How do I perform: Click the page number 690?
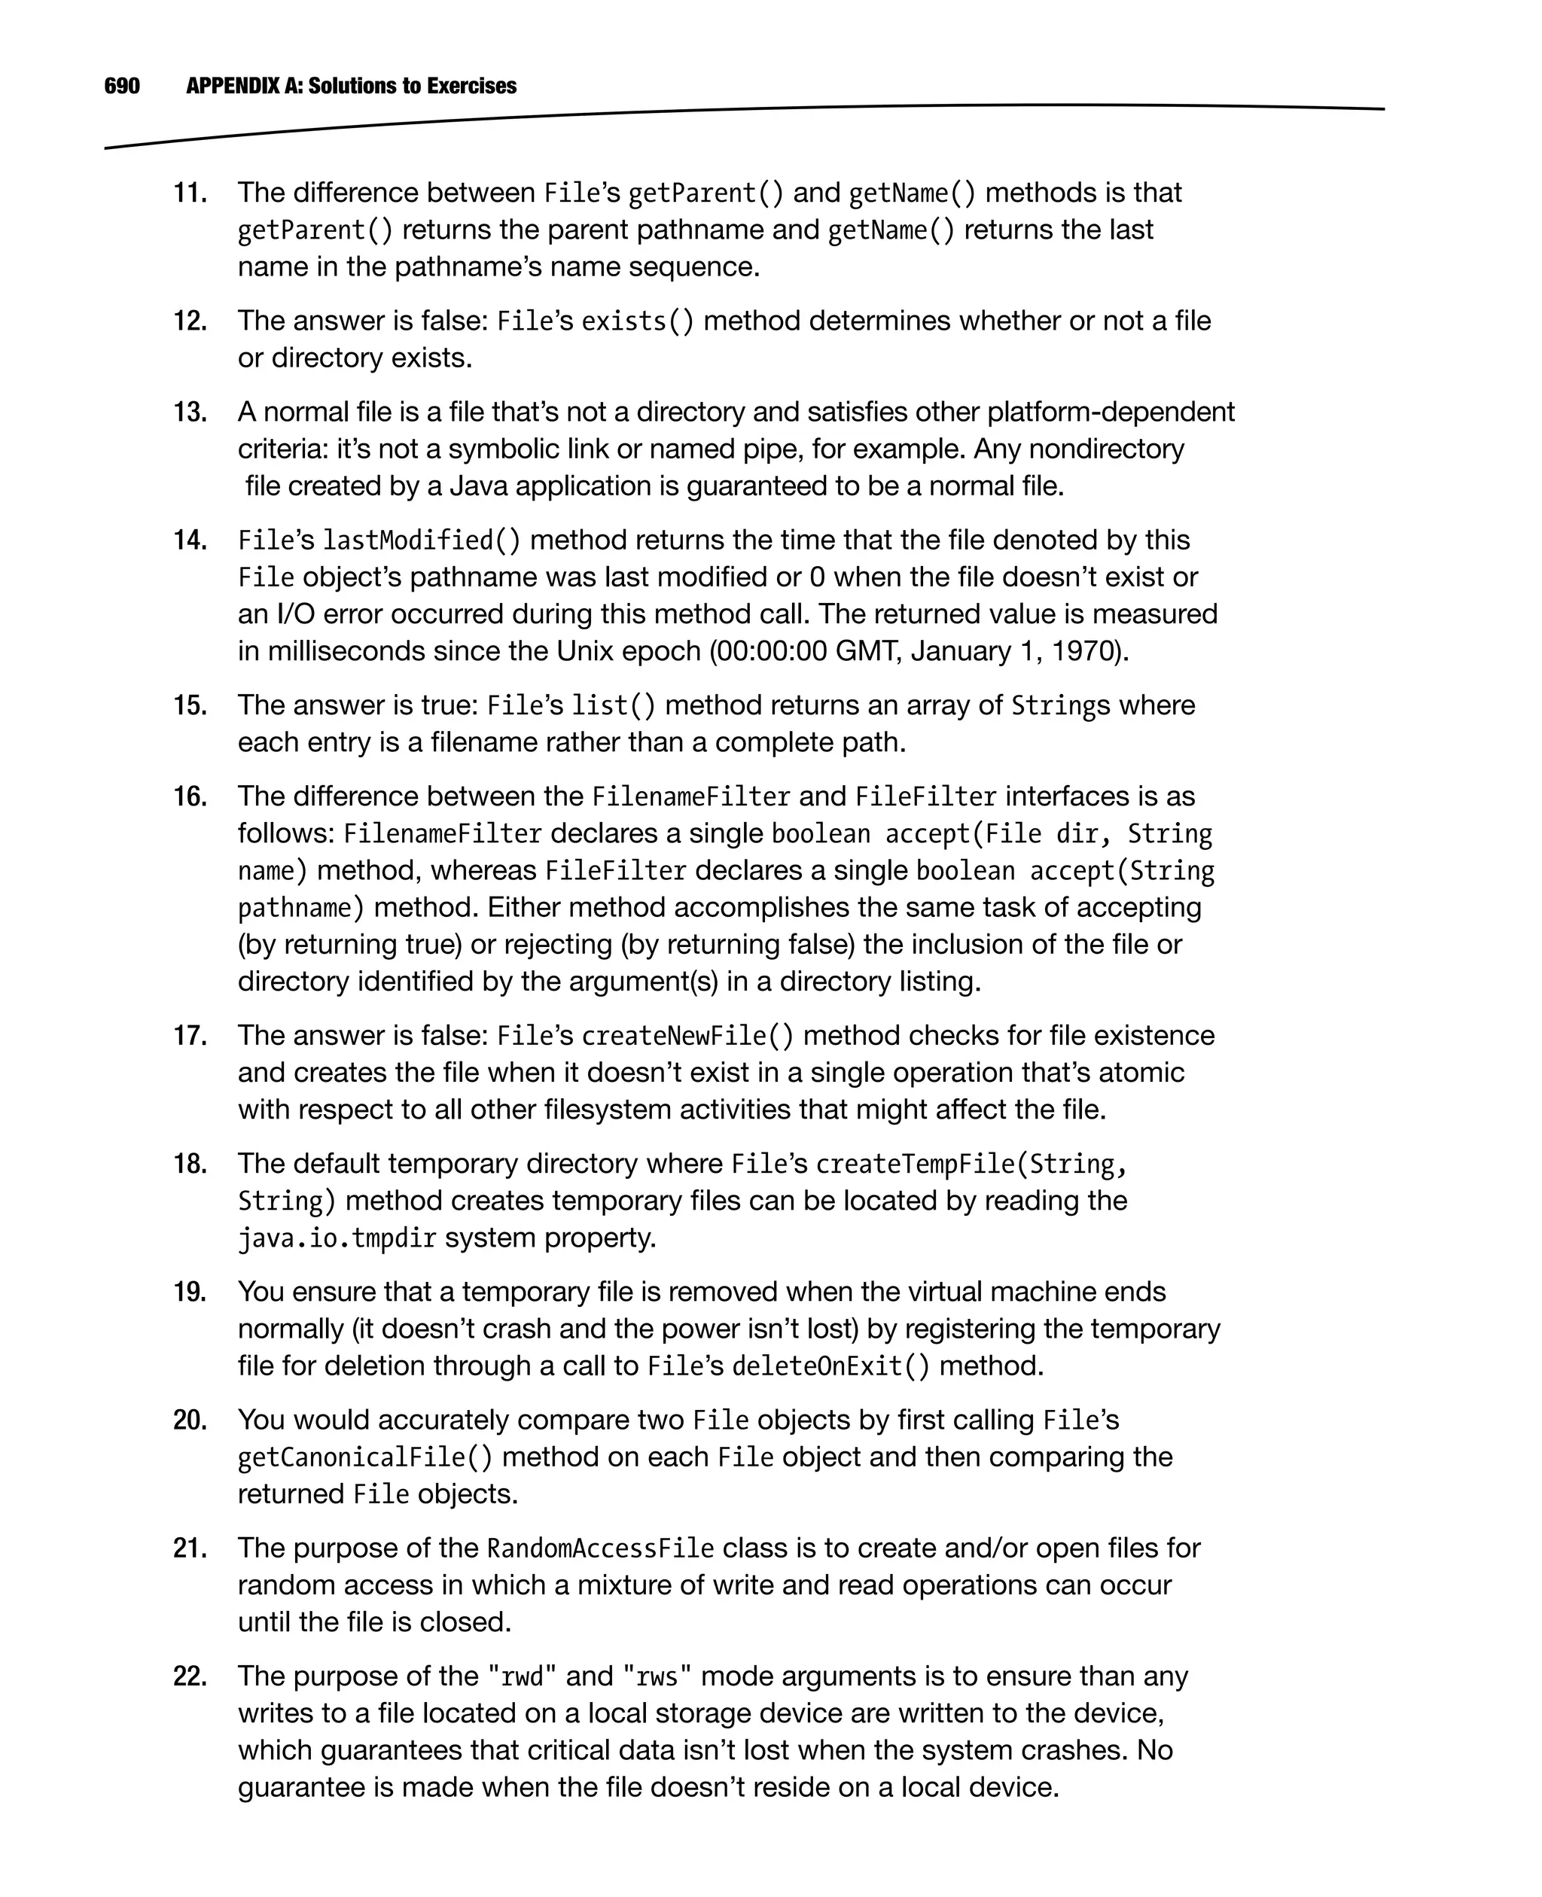[122, 86]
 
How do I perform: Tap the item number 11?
[189, 193]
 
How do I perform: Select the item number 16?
[189, 796]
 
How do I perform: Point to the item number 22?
[189, 1676]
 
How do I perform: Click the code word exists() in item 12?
[637, 321]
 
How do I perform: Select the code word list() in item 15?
[613, 706]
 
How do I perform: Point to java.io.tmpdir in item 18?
[337, 1238]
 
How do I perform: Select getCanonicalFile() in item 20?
[364, 1457]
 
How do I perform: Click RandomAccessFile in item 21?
[600, 1549]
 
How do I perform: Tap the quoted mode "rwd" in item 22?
[523, 1676]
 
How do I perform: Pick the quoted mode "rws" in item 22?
[658, 1676]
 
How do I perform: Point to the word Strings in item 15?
[1061, 706]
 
